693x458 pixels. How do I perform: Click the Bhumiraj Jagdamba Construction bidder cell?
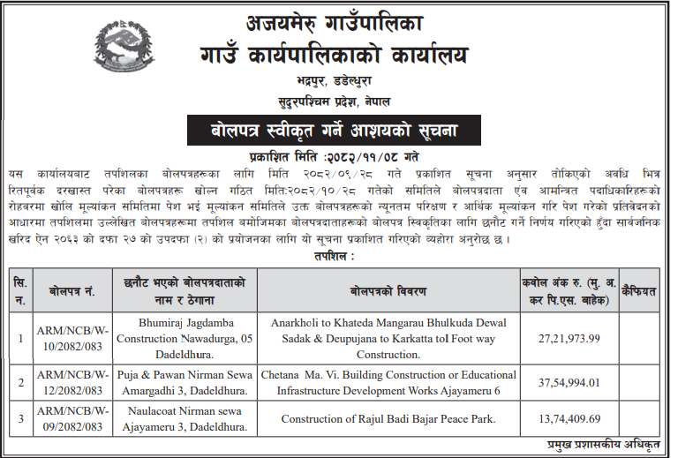coord(185,339)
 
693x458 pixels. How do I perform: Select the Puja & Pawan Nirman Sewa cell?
coord(185,382)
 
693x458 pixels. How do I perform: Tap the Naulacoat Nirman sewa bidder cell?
coord(185,420)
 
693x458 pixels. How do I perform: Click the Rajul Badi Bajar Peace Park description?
coord(388,420)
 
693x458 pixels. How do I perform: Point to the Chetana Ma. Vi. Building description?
coord(388,382)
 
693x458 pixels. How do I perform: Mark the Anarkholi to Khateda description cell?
coord(388,339)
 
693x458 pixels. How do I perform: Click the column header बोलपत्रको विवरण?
coord(388,289)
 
